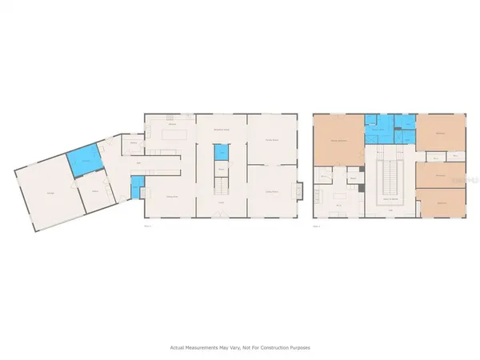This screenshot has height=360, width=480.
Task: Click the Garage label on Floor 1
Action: point(50,193)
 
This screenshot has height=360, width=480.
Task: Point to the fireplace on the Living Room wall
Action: point(299,191)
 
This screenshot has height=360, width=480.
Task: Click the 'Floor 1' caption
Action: point(147,226)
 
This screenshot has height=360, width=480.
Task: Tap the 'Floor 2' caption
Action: point(317,226)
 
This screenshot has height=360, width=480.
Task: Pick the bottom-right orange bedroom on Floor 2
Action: point(441,202)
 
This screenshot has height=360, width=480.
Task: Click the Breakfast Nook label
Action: point(222,130)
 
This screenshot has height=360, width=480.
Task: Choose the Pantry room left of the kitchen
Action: point(134,145)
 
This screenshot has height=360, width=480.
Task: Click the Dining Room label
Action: point(171,196)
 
